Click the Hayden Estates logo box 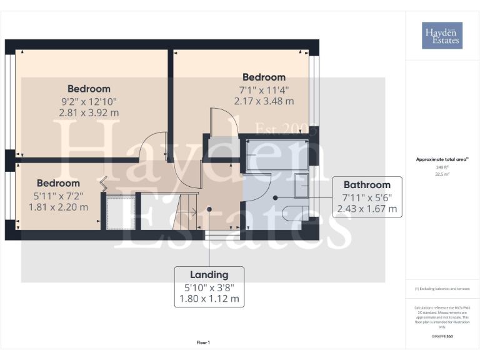(442, 36)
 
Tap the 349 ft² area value (442, 167)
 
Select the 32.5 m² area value (442, 174)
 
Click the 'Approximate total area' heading (442, 159)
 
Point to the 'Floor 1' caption (203, 342)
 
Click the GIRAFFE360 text (442, 337)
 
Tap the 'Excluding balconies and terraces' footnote (442, 289)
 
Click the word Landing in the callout (209, 274)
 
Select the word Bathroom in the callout (367, 184)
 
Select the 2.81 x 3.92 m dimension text (89, 112)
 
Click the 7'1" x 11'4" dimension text (264, 89)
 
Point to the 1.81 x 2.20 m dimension (58, 207)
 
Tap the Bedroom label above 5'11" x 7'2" (58, 183)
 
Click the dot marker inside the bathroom (275, 197)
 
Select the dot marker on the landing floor (209, 209)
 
